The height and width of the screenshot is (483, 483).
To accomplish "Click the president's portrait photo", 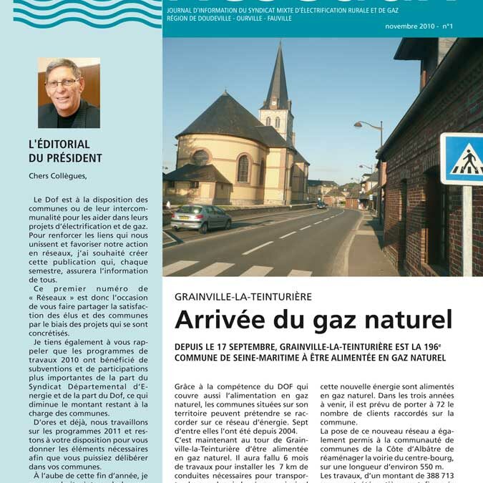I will click(69, 93).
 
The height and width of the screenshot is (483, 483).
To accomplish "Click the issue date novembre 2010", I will click(409, 26).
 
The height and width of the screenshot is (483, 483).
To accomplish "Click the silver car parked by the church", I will click(201, 218).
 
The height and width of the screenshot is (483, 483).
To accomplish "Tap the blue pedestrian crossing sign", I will click(462, 159).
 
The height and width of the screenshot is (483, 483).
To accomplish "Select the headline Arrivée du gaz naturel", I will click(313, 320).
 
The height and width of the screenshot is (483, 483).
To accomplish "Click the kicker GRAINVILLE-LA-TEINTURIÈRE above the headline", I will click(243, 296).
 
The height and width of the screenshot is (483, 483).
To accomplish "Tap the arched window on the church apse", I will click(243, 168).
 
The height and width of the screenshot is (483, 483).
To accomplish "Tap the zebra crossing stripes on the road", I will click(236, 269).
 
